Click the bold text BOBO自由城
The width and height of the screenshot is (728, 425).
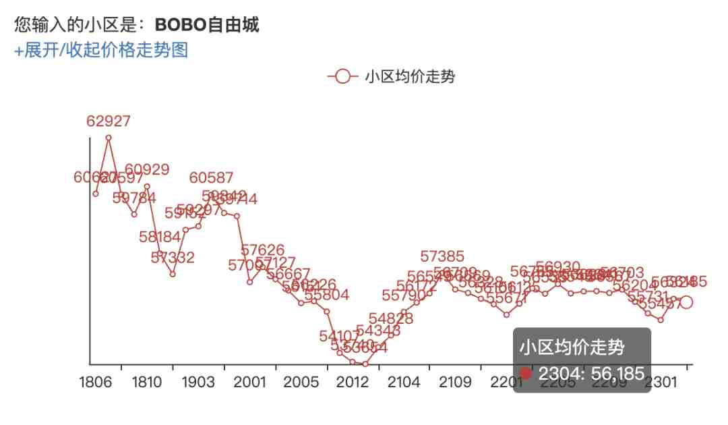coord(207,25)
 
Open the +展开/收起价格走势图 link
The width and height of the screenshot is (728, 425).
coord(101,50)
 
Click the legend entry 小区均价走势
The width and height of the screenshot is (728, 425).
coord(391,76)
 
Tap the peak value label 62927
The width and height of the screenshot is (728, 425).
coord(109,121)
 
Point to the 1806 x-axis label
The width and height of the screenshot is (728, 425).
coord(96,382)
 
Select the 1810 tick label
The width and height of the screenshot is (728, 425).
coord(147,382)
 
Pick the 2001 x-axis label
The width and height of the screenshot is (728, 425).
coord(249,382)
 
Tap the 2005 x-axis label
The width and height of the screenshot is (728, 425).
coord(301,382)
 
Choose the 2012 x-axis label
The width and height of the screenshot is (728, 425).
coord(353,382)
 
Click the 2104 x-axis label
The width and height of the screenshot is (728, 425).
coord(404,382)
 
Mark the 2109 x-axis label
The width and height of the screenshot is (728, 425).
coord(455,382)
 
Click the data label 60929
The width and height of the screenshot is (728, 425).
coord(147,170)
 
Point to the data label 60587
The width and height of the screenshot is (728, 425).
coord(211,178)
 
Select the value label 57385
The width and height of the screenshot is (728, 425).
coord(442,256)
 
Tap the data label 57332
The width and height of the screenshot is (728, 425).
coord(173,258)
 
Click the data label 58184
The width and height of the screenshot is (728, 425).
coord(160,237)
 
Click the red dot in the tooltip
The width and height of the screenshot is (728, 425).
coord(526,373)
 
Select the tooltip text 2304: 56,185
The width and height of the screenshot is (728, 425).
coord(591,373)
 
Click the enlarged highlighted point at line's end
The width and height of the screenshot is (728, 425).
coord(686,302)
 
